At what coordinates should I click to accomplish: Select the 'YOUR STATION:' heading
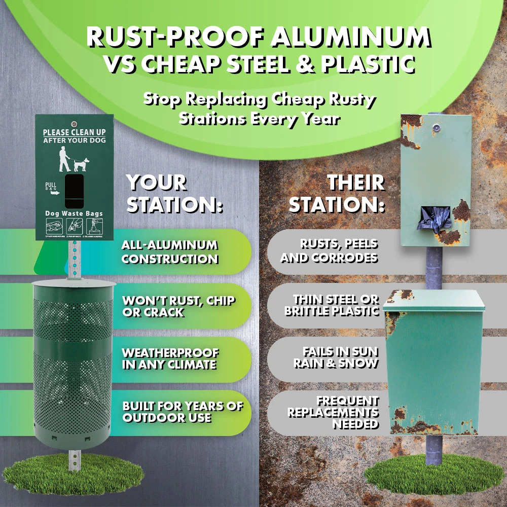[x=174, y=194]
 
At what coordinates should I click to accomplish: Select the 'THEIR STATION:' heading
[x=337, y=194]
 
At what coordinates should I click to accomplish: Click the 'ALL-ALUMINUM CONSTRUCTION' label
[x=170, y=252]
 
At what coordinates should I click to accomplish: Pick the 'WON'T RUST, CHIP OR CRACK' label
[x=178, y=306]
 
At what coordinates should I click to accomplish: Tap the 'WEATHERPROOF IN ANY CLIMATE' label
[x=170, y=359]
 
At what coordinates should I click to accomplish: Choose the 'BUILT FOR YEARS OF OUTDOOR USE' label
[x=183, y=412]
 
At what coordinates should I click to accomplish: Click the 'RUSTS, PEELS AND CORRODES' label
[x=329, y=251]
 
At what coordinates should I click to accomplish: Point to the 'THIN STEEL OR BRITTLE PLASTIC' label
[x=332, y=306]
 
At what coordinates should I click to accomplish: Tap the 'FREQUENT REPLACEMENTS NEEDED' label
[x=333, y=412]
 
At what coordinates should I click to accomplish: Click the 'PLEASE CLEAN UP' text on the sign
[x=74, y=132]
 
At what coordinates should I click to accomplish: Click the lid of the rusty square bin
[x=433, y=300]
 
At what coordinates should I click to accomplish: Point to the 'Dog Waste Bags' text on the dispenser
[x=74, y=213]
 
